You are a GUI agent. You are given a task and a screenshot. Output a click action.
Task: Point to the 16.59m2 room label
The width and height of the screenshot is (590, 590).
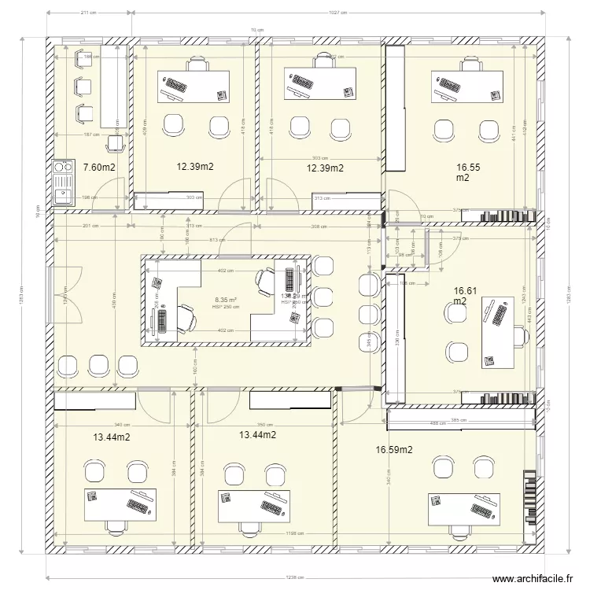pyautogui.click(x=394, y=450)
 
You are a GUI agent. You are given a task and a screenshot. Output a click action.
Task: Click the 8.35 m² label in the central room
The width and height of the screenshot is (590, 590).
pyautogui.click(x=226, y=300)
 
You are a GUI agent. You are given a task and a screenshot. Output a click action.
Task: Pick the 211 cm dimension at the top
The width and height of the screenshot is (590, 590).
pyautogui.click(x=88, y=13)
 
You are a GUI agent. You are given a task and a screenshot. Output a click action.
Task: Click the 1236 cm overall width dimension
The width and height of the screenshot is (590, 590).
pyautogui.click(x=295, y=576)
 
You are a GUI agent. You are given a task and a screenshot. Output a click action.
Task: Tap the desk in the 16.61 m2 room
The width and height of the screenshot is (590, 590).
pyautogui.click(x=498, y=330)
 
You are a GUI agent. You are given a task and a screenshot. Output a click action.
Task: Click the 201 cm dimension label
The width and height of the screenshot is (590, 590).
pyautogui.click(x=89, y=226)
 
